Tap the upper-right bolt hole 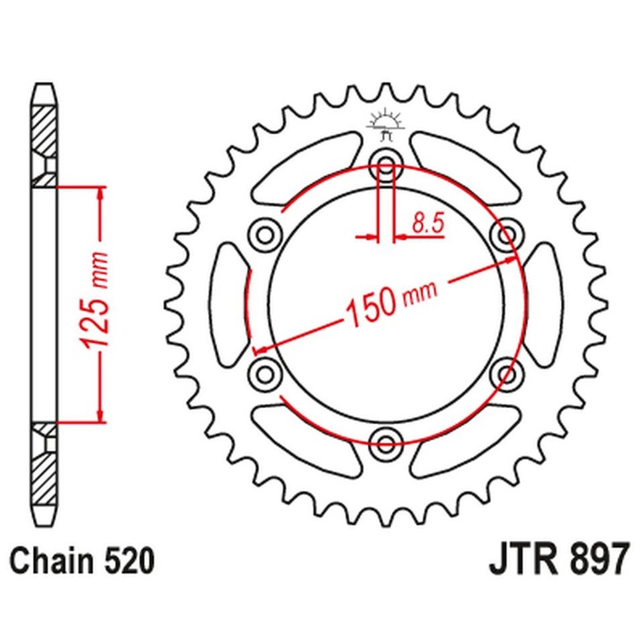pos(506,235)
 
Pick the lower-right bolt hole pos(506,371)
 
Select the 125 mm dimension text pos(101,304)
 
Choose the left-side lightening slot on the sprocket pos(228,303)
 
